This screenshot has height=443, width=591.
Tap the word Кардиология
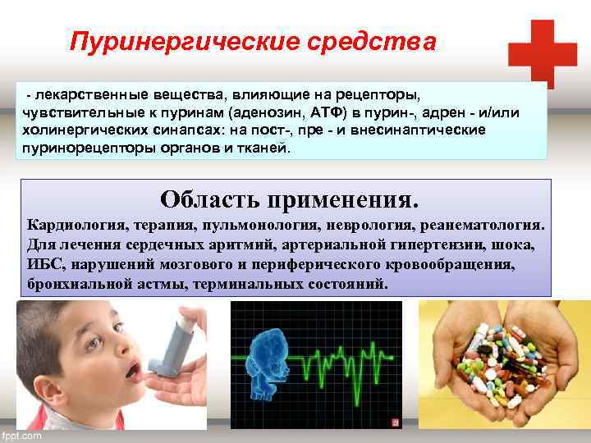75,224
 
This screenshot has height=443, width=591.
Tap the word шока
516,244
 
